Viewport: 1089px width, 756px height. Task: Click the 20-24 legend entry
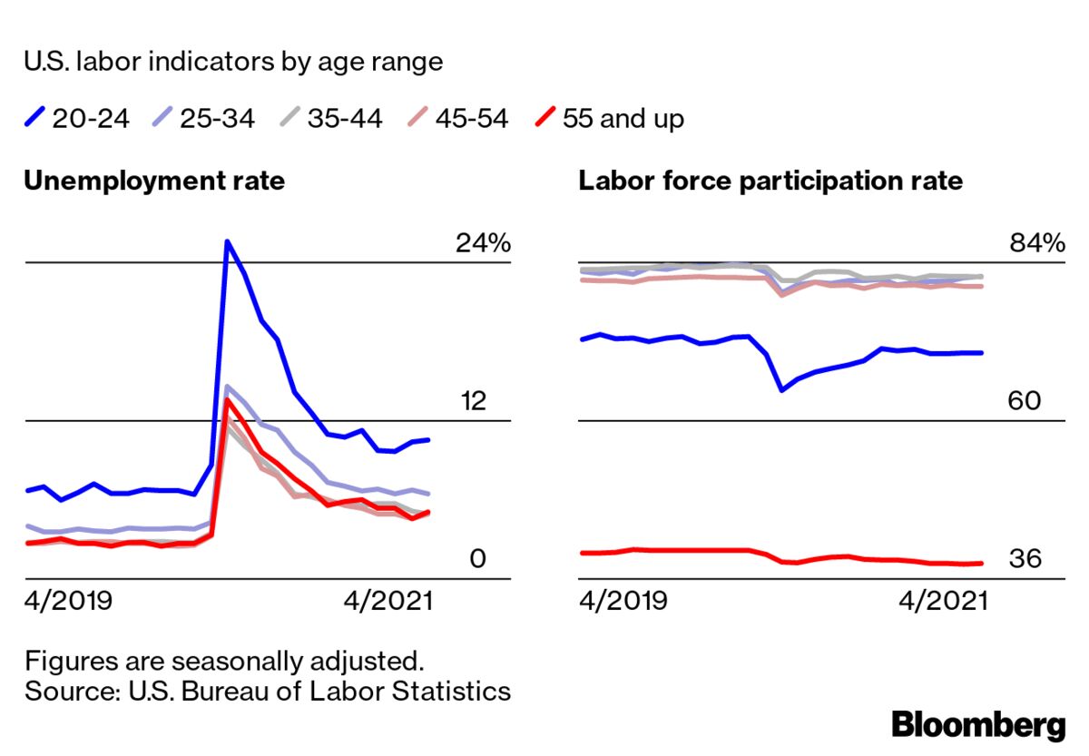click(77, 118)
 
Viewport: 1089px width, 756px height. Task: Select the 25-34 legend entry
click(203, 118)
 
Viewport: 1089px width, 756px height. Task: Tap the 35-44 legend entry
click(330, 118)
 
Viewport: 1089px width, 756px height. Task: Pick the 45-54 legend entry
click(457, 118)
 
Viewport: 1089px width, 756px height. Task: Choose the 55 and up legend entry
click(609, 118)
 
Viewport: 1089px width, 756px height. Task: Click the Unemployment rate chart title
click(154, 181)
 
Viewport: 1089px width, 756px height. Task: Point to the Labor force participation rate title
click(770, 181)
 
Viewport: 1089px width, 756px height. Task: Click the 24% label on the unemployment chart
click(483, 243)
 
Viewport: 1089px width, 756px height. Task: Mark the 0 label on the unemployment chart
click(477, 559)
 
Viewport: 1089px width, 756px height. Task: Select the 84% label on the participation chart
click(1036, 243)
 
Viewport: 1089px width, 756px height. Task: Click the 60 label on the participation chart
click(1025, 401)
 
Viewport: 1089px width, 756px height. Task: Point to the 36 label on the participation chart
click(1025, 559)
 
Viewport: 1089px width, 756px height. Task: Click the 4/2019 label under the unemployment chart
click(68, 601)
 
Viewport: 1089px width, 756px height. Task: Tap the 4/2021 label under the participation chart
click(943, 601)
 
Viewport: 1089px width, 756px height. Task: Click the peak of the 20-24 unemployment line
click(227, 241)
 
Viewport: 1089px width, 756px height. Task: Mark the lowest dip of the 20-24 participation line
click(781, 390)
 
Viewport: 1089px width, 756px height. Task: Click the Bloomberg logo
click(978, 725)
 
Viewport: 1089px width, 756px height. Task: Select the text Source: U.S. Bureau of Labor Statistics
click(268, 691)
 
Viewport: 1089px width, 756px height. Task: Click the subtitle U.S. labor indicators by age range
click(233, 62)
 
